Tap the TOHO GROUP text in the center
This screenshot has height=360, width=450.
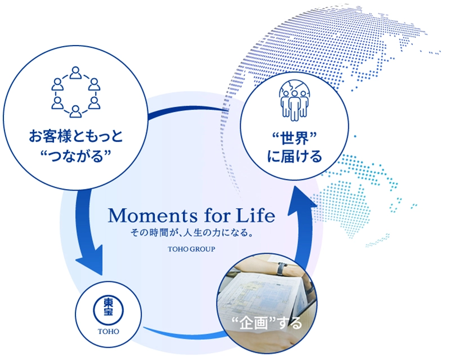[x=191, y=249]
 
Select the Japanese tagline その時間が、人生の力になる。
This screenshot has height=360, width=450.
[x=192, y=232]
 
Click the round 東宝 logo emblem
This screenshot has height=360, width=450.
[x=109, y=310]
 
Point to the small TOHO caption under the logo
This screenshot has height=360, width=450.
[x=109, y=331]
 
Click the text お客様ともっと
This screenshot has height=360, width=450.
[x=76, y=136]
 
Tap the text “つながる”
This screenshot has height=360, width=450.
[x=76, y=156]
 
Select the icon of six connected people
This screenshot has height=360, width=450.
[x=76, y=92]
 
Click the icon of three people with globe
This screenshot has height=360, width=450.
[x=294, y=101]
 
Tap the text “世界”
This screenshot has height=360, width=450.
[x=294, y=138]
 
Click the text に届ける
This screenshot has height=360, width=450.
[x=294, y=156]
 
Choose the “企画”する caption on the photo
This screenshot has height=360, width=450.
[x=267, y=323]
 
